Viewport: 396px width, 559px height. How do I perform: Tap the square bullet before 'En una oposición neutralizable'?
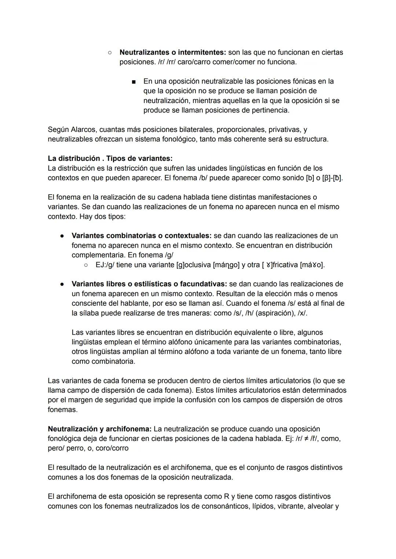coord(134,81)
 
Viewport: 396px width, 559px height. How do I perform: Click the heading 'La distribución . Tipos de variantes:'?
coord(110,158)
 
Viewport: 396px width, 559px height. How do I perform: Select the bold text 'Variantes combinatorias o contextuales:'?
coord(142,236)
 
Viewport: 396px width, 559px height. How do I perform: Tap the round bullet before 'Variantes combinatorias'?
coord(63,236)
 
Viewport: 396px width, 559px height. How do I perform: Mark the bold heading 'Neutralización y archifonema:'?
coord(99,429)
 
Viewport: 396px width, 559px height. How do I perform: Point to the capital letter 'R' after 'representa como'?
coord(227,497)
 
